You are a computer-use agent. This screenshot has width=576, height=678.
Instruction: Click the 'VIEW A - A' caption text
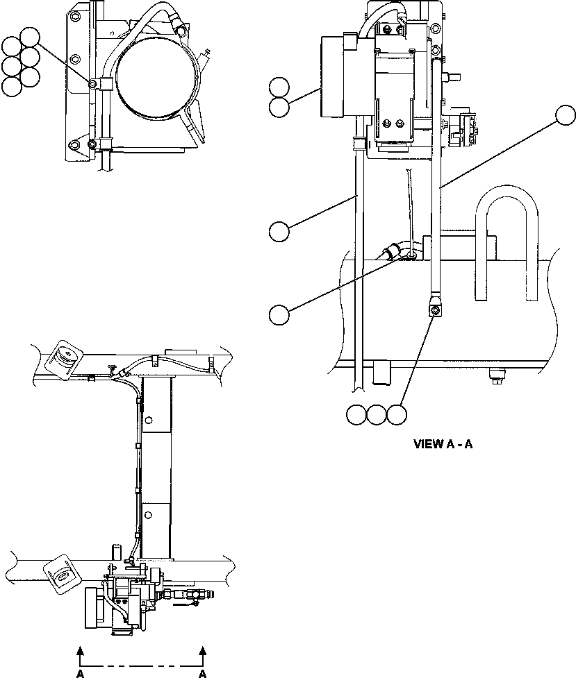click(443, 444)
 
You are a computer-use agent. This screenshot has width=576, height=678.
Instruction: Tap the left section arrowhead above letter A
click(81, 650)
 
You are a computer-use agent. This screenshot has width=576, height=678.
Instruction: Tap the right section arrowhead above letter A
click(202, 650)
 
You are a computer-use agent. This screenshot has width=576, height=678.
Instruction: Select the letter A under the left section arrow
click(81, 673)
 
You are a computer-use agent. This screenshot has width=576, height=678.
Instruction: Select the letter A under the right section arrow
click(202, 673)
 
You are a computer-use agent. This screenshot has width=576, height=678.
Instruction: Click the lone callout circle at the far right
click(566, 115)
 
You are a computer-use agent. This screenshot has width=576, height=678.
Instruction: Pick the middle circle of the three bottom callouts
click(376, 414)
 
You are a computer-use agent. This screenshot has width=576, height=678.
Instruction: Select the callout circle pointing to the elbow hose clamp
click(279, 314)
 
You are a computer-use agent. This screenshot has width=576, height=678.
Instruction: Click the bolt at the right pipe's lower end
click(434, 312)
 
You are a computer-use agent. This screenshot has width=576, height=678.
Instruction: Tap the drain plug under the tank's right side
click(497, 377)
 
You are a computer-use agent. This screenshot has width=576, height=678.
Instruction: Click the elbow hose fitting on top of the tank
click(395, 251)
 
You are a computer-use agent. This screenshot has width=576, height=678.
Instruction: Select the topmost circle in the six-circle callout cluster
click(29, 37)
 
